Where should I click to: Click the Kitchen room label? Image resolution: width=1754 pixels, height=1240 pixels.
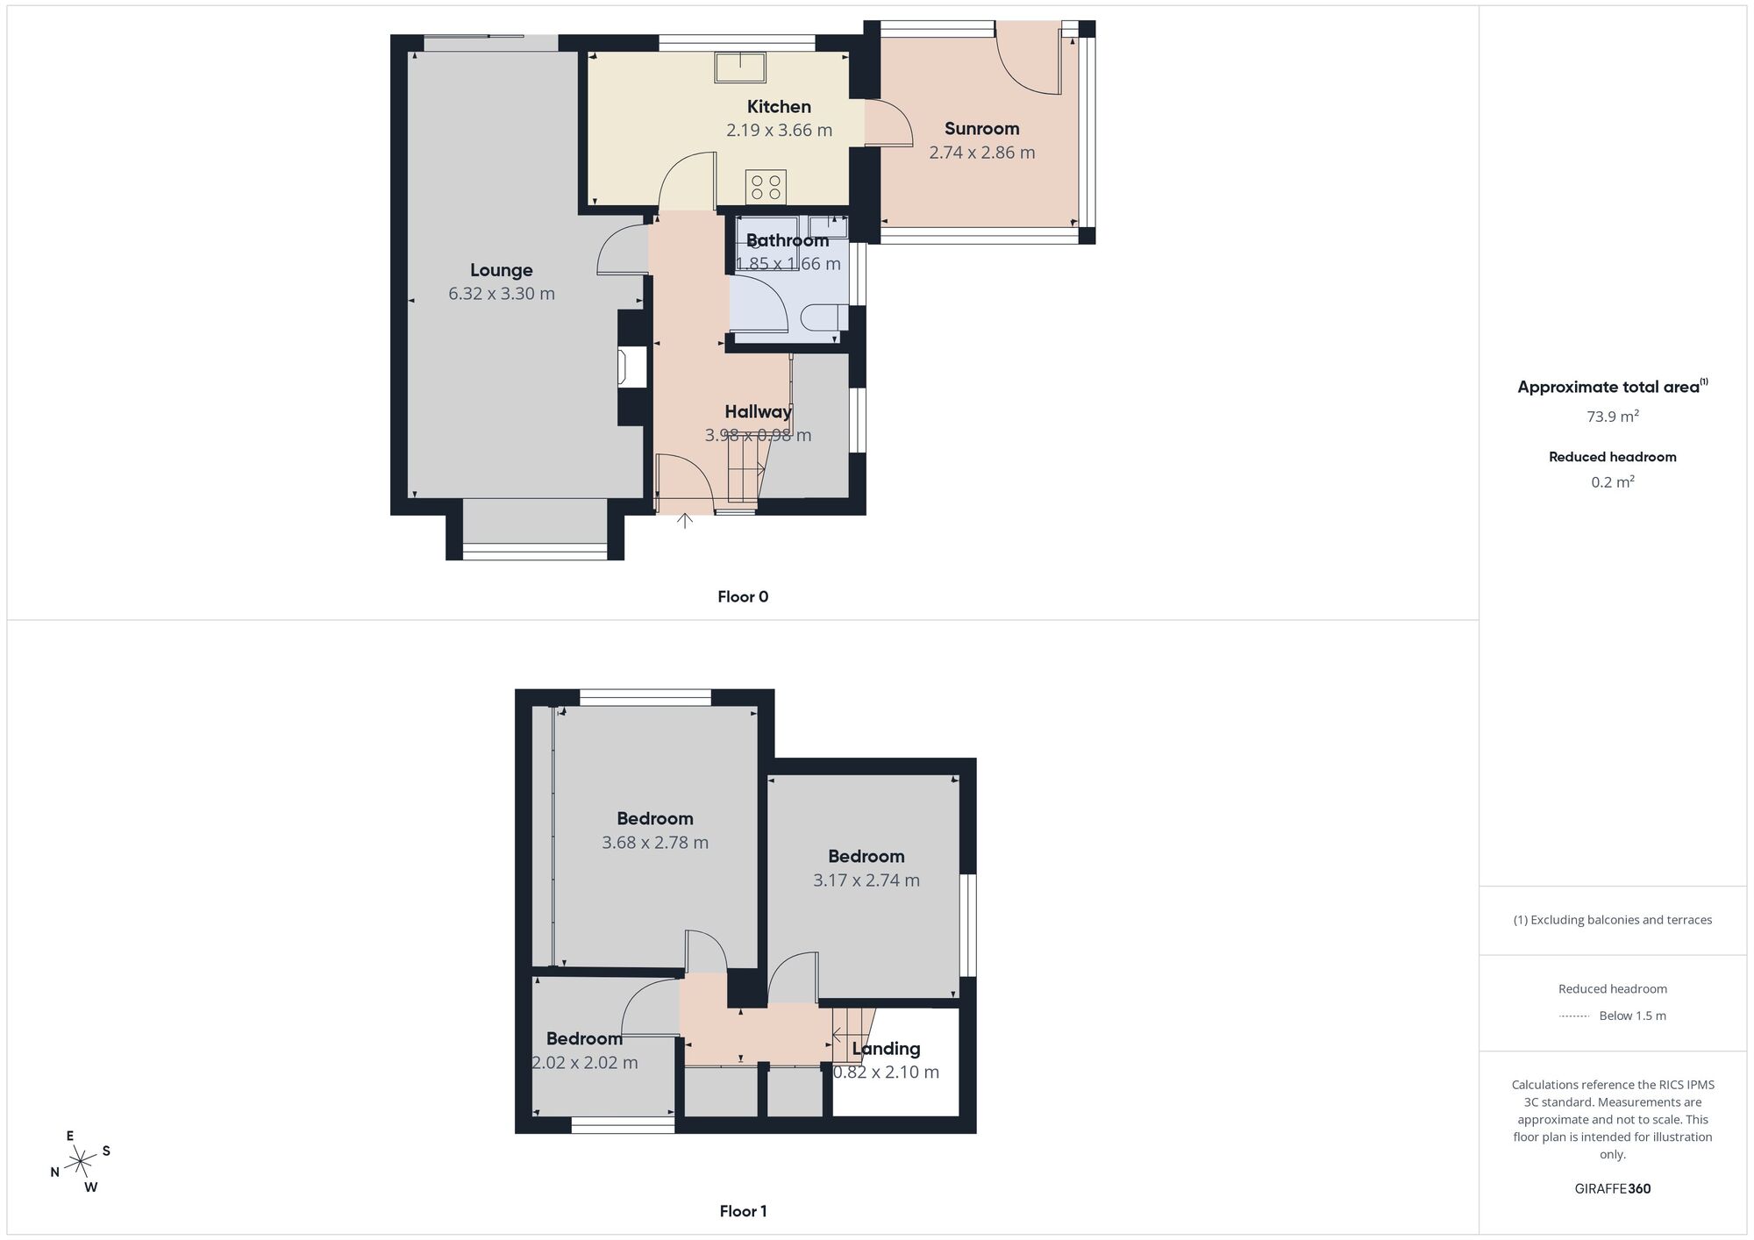tap(779, 107)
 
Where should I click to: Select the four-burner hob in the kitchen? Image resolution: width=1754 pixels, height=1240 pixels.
tap(766, 187)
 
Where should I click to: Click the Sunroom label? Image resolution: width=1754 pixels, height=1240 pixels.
tap(981, 129)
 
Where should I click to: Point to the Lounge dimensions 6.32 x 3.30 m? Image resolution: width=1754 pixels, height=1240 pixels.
tap(502, 294)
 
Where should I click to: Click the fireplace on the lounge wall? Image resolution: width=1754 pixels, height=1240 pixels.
tap(631, 366)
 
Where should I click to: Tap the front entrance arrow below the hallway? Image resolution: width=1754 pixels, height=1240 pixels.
tap(685, 521)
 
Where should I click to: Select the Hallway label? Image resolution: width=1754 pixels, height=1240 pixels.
tap(758, 411)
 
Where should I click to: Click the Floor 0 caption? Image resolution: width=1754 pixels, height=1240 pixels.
tap(743, 597)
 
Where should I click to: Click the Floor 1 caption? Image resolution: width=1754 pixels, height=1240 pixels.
tap(743, 1211)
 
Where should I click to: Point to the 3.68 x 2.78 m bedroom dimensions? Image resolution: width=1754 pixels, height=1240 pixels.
tap(655, 843)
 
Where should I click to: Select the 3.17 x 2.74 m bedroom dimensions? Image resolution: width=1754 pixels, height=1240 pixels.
tap(866, 880)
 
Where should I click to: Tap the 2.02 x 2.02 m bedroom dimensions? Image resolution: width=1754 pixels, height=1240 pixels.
tap(585, 1063)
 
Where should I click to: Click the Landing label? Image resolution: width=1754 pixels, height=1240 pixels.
tap(886, 1049)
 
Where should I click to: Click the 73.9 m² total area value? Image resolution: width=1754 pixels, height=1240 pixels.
tap(1612, 417)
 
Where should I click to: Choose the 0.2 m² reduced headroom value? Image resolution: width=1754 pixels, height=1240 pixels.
tap(1612, 482)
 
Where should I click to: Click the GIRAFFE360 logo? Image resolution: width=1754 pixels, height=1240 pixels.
tap(1612, 1189)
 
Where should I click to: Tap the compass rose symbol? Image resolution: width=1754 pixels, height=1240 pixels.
tap(81, 1162)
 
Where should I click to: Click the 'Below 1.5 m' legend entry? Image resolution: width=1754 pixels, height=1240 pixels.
tap(1632, 1016)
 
